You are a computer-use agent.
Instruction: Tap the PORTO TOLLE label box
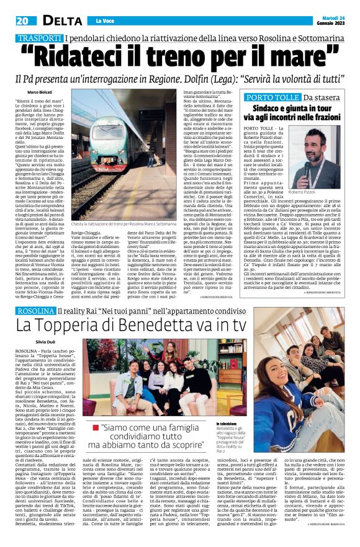(268, 98)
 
